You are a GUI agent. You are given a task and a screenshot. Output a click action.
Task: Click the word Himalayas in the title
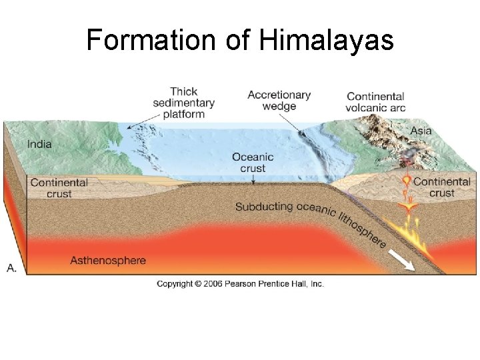pyautogui.click(x=326, y=41)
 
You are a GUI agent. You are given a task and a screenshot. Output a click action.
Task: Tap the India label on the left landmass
pyautogui.click(x=39, y=143)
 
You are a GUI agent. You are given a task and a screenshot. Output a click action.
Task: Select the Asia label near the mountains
pyautogui.click(x=421, y=131)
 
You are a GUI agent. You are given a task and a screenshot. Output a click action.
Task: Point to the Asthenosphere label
pyautogui.click(x=108, y=260)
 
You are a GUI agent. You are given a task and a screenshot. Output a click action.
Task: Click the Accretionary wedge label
pyautogui.click(x=279, y=101)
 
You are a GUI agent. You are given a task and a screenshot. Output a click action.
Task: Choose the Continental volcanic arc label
pyautogui.click(x=375, y=102)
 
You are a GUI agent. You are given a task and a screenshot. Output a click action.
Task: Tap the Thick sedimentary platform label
pyautogui.click(x=183, y=103)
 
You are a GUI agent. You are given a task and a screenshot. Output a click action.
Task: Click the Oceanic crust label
pyautogui.click(x=253, y=163)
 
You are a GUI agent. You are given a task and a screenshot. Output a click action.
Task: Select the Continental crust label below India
pyautogui.click(x=59, y=188)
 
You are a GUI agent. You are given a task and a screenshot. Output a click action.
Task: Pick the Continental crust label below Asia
pyautogui.click(x=441, y=187)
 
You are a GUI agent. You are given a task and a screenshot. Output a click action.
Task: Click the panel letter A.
pyautogui.click(x=11, y=267)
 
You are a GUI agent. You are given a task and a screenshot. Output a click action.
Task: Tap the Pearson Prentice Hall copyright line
pyautogui.click(x=240, y=284)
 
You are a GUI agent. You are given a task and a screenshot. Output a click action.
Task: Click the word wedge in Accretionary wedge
pyautogui.click(x=279, y=107)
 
